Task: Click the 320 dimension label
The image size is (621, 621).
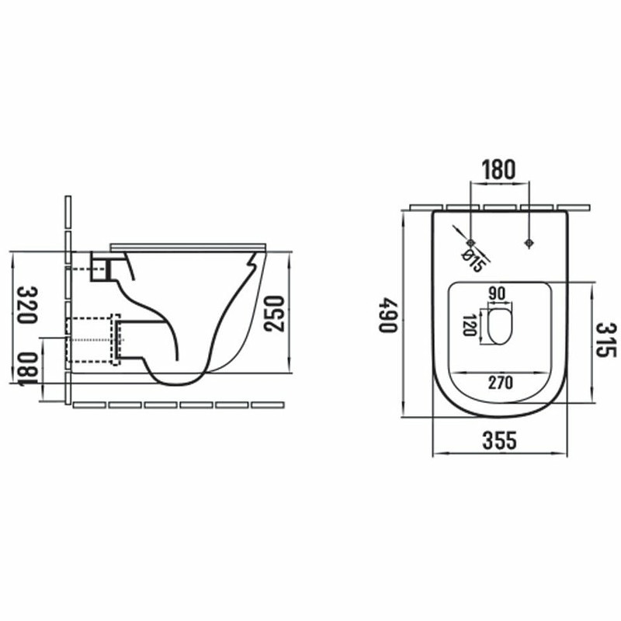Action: click(28, 304)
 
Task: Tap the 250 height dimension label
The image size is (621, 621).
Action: click(275, 314)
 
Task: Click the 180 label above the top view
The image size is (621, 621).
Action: click(498, 169)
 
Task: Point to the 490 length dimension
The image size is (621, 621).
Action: click(387, 315)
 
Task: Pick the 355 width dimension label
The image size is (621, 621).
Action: click(499, 440)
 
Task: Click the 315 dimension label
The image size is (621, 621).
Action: click(606, 340)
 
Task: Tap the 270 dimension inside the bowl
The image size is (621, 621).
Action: click(500, 383)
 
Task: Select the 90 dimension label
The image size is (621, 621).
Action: click(497, 293)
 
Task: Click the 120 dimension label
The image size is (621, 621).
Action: click(470, 325)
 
